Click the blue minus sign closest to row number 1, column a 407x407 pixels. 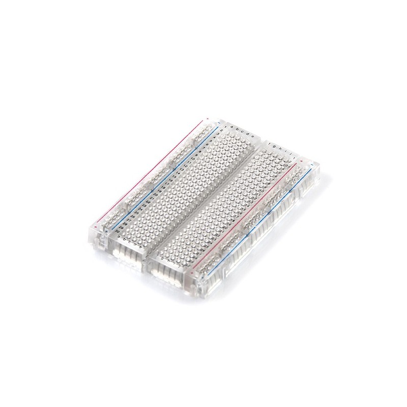(218, 123)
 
